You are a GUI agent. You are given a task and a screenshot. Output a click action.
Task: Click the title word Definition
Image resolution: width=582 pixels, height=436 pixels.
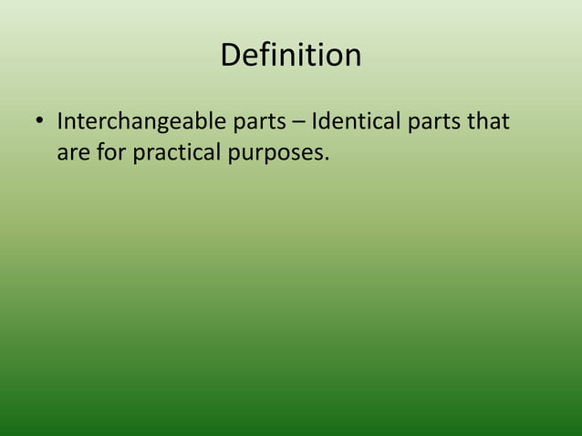(x=290, y=56)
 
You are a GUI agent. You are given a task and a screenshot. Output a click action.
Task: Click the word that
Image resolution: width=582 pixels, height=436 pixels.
(x=488, y=121)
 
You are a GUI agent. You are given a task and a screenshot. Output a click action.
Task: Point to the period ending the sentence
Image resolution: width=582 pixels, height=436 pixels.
(x=326, y=159)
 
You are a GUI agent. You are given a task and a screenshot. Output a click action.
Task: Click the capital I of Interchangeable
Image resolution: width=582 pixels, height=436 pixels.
(x=59, y=121)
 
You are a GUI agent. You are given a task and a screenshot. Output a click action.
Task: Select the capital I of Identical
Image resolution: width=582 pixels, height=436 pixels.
(x=314, y=121)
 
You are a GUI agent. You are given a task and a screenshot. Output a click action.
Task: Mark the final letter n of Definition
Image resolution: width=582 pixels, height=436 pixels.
(x=351, y=58)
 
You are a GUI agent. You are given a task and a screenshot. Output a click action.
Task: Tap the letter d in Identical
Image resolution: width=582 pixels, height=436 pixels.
(x=326, y=121)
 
